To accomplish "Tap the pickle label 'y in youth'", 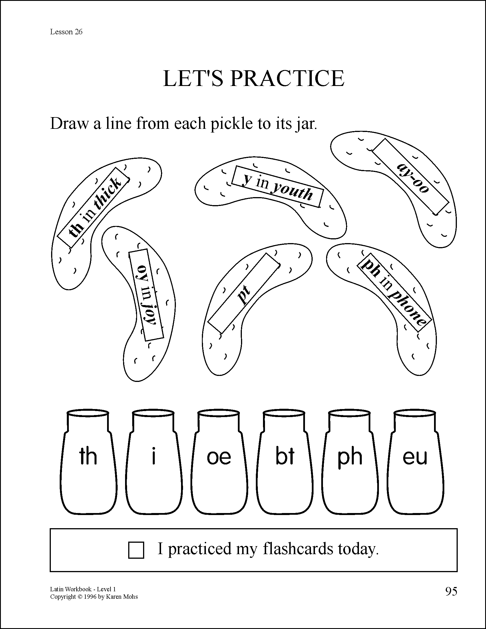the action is coord(278,186).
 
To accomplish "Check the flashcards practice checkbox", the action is coord(136,550).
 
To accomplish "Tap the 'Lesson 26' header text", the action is coord(66,32).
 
